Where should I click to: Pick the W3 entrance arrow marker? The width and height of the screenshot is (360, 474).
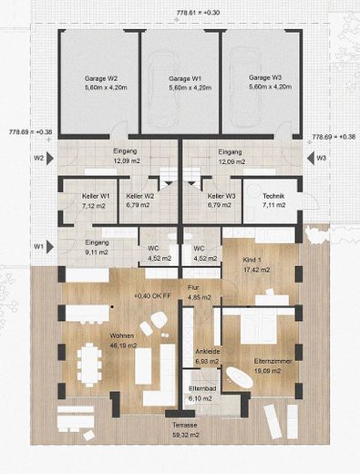313,158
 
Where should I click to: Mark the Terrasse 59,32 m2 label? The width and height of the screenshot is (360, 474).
181,430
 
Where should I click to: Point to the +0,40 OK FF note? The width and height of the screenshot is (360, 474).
153,296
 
